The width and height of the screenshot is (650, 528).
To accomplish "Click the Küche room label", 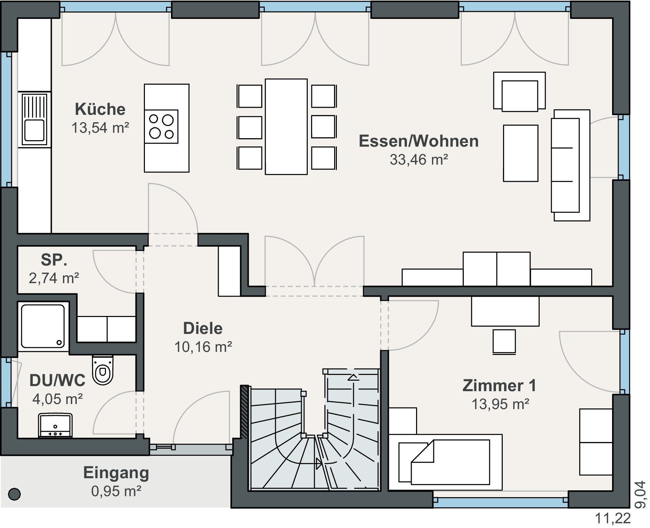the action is (x=100, y=109).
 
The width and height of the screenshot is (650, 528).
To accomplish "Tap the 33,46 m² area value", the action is (x=419, y=160).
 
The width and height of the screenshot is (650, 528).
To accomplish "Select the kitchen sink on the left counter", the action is (x=34, y=119).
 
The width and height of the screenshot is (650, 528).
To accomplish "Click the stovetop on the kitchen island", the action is (x=161, y=126).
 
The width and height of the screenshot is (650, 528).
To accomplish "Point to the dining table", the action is (x=286, y=127).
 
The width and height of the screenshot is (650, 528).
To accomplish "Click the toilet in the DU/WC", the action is (x=103, y=370).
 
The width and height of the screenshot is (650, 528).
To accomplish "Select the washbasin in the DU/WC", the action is (x=55, y=425).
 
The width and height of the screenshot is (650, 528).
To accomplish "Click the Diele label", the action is (x=203, y=328).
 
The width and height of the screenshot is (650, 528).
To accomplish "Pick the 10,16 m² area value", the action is (x=203, y=347).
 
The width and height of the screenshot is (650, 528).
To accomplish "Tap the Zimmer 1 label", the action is (x=499, y=385).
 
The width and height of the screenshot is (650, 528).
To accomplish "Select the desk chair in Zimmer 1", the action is (x=504, y=342).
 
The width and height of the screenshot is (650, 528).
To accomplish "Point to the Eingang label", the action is (x=116, y=473).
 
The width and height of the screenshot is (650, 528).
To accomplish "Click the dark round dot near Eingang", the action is (x=14, y=494).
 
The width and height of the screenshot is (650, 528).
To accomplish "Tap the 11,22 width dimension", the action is (x=613, y=518).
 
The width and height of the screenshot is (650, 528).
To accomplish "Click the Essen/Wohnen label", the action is (x=419, y=141).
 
